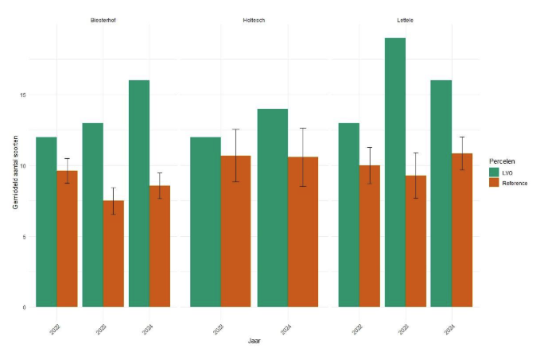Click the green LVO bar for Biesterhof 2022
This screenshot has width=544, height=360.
click(x=46, y=223)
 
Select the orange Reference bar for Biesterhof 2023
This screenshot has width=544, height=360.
click(x=113, y=254)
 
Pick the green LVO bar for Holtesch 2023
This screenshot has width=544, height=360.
click(x=205, y=223)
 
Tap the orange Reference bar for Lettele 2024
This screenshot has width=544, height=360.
click(x=462, y=230)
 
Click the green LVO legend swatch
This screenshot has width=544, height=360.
click(x=495, y=172)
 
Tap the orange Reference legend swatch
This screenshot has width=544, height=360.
click(x=495, y=183)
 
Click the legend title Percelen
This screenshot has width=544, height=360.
click(x=502, y=160)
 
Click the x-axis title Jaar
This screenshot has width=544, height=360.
click(x=254, y=340)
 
